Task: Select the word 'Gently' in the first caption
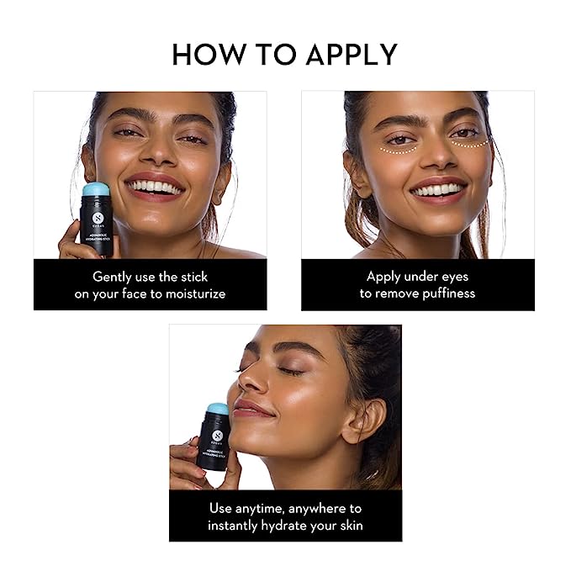tap(113, 277)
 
